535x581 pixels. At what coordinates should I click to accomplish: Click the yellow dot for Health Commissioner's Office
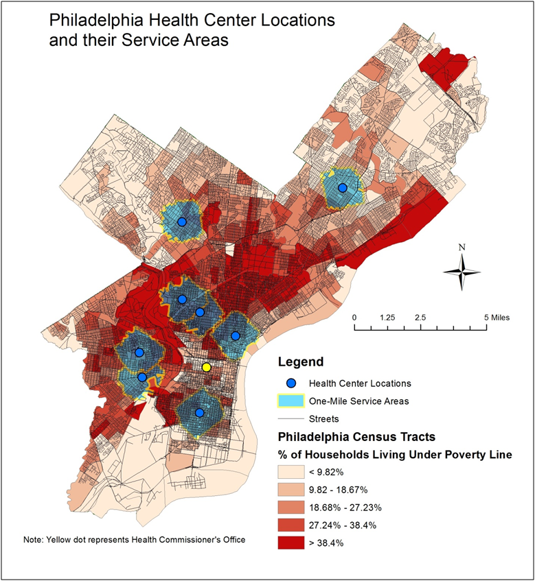point(207,368)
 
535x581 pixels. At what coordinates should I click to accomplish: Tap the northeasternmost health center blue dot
point(342,188)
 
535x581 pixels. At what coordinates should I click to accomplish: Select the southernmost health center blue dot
point(199,413)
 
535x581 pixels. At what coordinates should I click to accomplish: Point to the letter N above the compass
point(462,248)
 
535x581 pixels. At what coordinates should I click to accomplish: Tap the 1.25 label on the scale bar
point(387,318)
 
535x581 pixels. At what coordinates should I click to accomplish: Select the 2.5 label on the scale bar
point(420,318)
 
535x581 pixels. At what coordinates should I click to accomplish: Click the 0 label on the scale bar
point(354,318)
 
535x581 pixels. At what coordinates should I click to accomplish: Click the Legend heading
point(299,361)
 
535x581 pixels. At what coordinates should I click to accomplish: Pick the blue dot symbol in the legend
point(291,383)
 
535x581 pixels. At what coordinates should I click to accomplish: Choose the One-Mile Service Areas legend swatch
point(291,400)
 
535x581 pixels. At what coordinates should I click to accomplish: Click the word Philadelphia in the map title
point(92,20)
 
